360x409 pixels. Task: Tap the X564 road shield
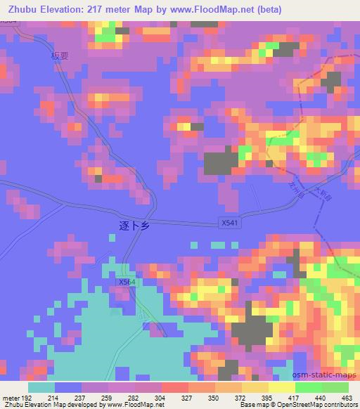[x=126, y=282]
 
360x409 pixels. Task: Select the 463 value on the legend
[x=347, y=398]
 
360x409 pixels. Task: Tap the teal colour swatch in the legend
[x=41, y=387]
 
